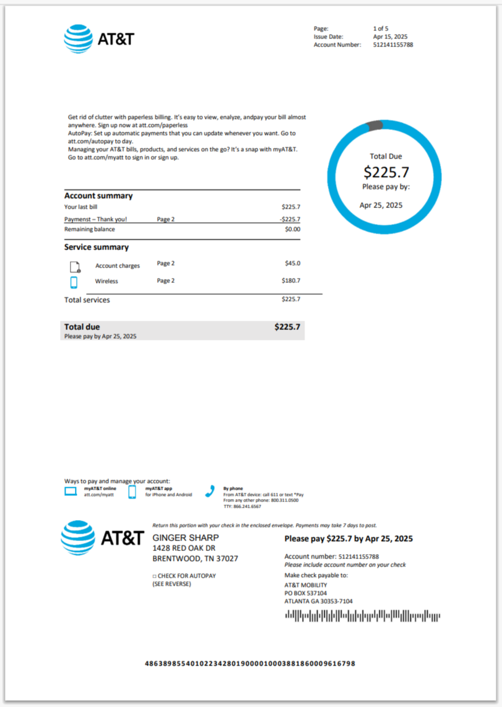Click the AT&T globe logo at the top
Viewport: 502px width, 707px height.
coord(77,38)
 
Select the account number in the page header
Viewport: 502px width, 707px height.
coord(393,45)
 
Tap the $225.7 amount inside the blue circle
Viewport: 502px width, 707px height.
coord(386,172)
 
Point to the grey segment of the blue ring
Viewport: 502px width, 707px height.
coord(375,126)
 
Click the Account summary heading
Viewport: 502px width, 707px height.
coord(98,196)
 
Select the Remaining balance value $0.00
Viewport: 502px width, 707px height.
coord(292,229)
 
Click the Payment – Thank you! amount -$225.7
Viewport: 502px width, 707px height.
coord(290,219)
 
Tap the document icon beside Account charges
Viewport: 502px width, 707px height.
coord(74,267)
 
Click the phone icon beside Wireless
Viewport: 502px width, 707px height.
coord(74,282)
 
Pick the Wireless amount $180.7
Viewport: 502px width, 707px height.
coord(292,281)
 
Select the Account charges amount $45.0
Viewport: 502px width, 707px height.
coord(293,263)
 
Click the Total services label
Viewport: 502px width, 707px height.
coord(87,300)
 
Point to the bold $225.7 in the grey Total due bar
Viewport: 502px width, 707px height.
coord(287,327)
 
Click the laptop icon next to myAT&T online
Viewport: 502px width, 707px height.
coord(71,492)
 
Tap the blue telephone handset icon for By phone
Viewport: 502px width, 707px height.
coord(210,491)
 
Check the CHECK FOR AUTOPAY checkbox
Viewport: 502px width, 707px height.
coord(154,576)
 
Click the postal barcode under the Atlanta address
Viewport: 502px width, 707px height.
coord(362,616)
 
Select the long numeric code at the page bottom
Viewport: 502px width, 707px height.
coord(250,664)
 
